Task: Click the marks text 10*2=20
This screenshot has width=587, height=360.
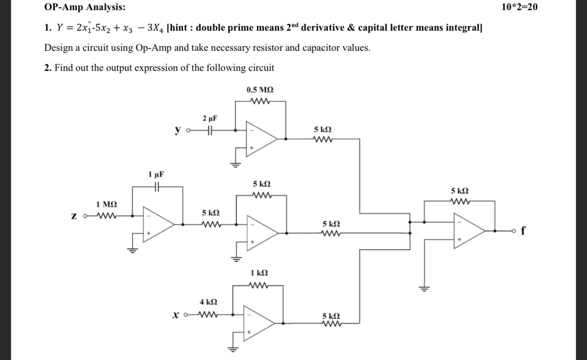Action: tap(519, 7)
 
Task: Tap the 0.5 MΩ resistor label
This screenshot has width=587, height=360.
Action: tap(261, 90)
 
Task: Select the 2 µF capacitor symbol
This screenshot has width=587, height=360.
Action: tap(209, 130)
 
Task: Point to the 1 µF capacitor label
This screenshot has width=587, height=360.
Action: tap(156, 174)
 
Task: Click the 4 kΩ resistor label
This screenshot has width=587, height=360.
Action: tap(208, 302)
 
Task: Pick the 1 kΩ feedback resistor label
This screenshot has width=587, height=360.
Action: tap(259, 273)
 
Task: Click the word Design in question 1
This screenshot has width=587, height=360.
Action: tap(58, 48)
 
